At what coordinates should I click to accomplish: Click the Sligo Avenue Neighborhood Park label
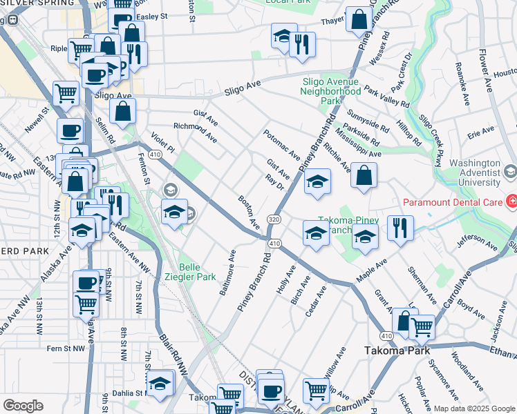(331, 90)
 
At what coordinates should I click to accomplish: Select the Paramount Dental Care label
(453, 202)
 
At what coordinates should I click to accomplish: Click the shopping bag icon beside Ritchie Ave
(364, 176)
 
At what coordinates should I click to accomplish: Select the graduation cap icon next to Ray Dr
(317, 181)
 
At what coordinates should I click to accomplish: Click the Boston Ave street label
(249, 213)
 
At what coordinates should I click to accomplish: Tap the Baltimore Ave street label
(228, 273)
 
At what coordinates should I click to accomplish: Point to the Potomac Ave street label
(281, 144)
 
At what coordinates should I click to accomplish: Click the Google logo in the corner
(23, 405)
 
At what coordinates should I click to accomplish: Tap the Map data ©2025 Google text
(473, 408)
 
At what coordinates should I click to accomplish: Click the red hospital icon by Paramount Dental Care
(511, 202)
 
